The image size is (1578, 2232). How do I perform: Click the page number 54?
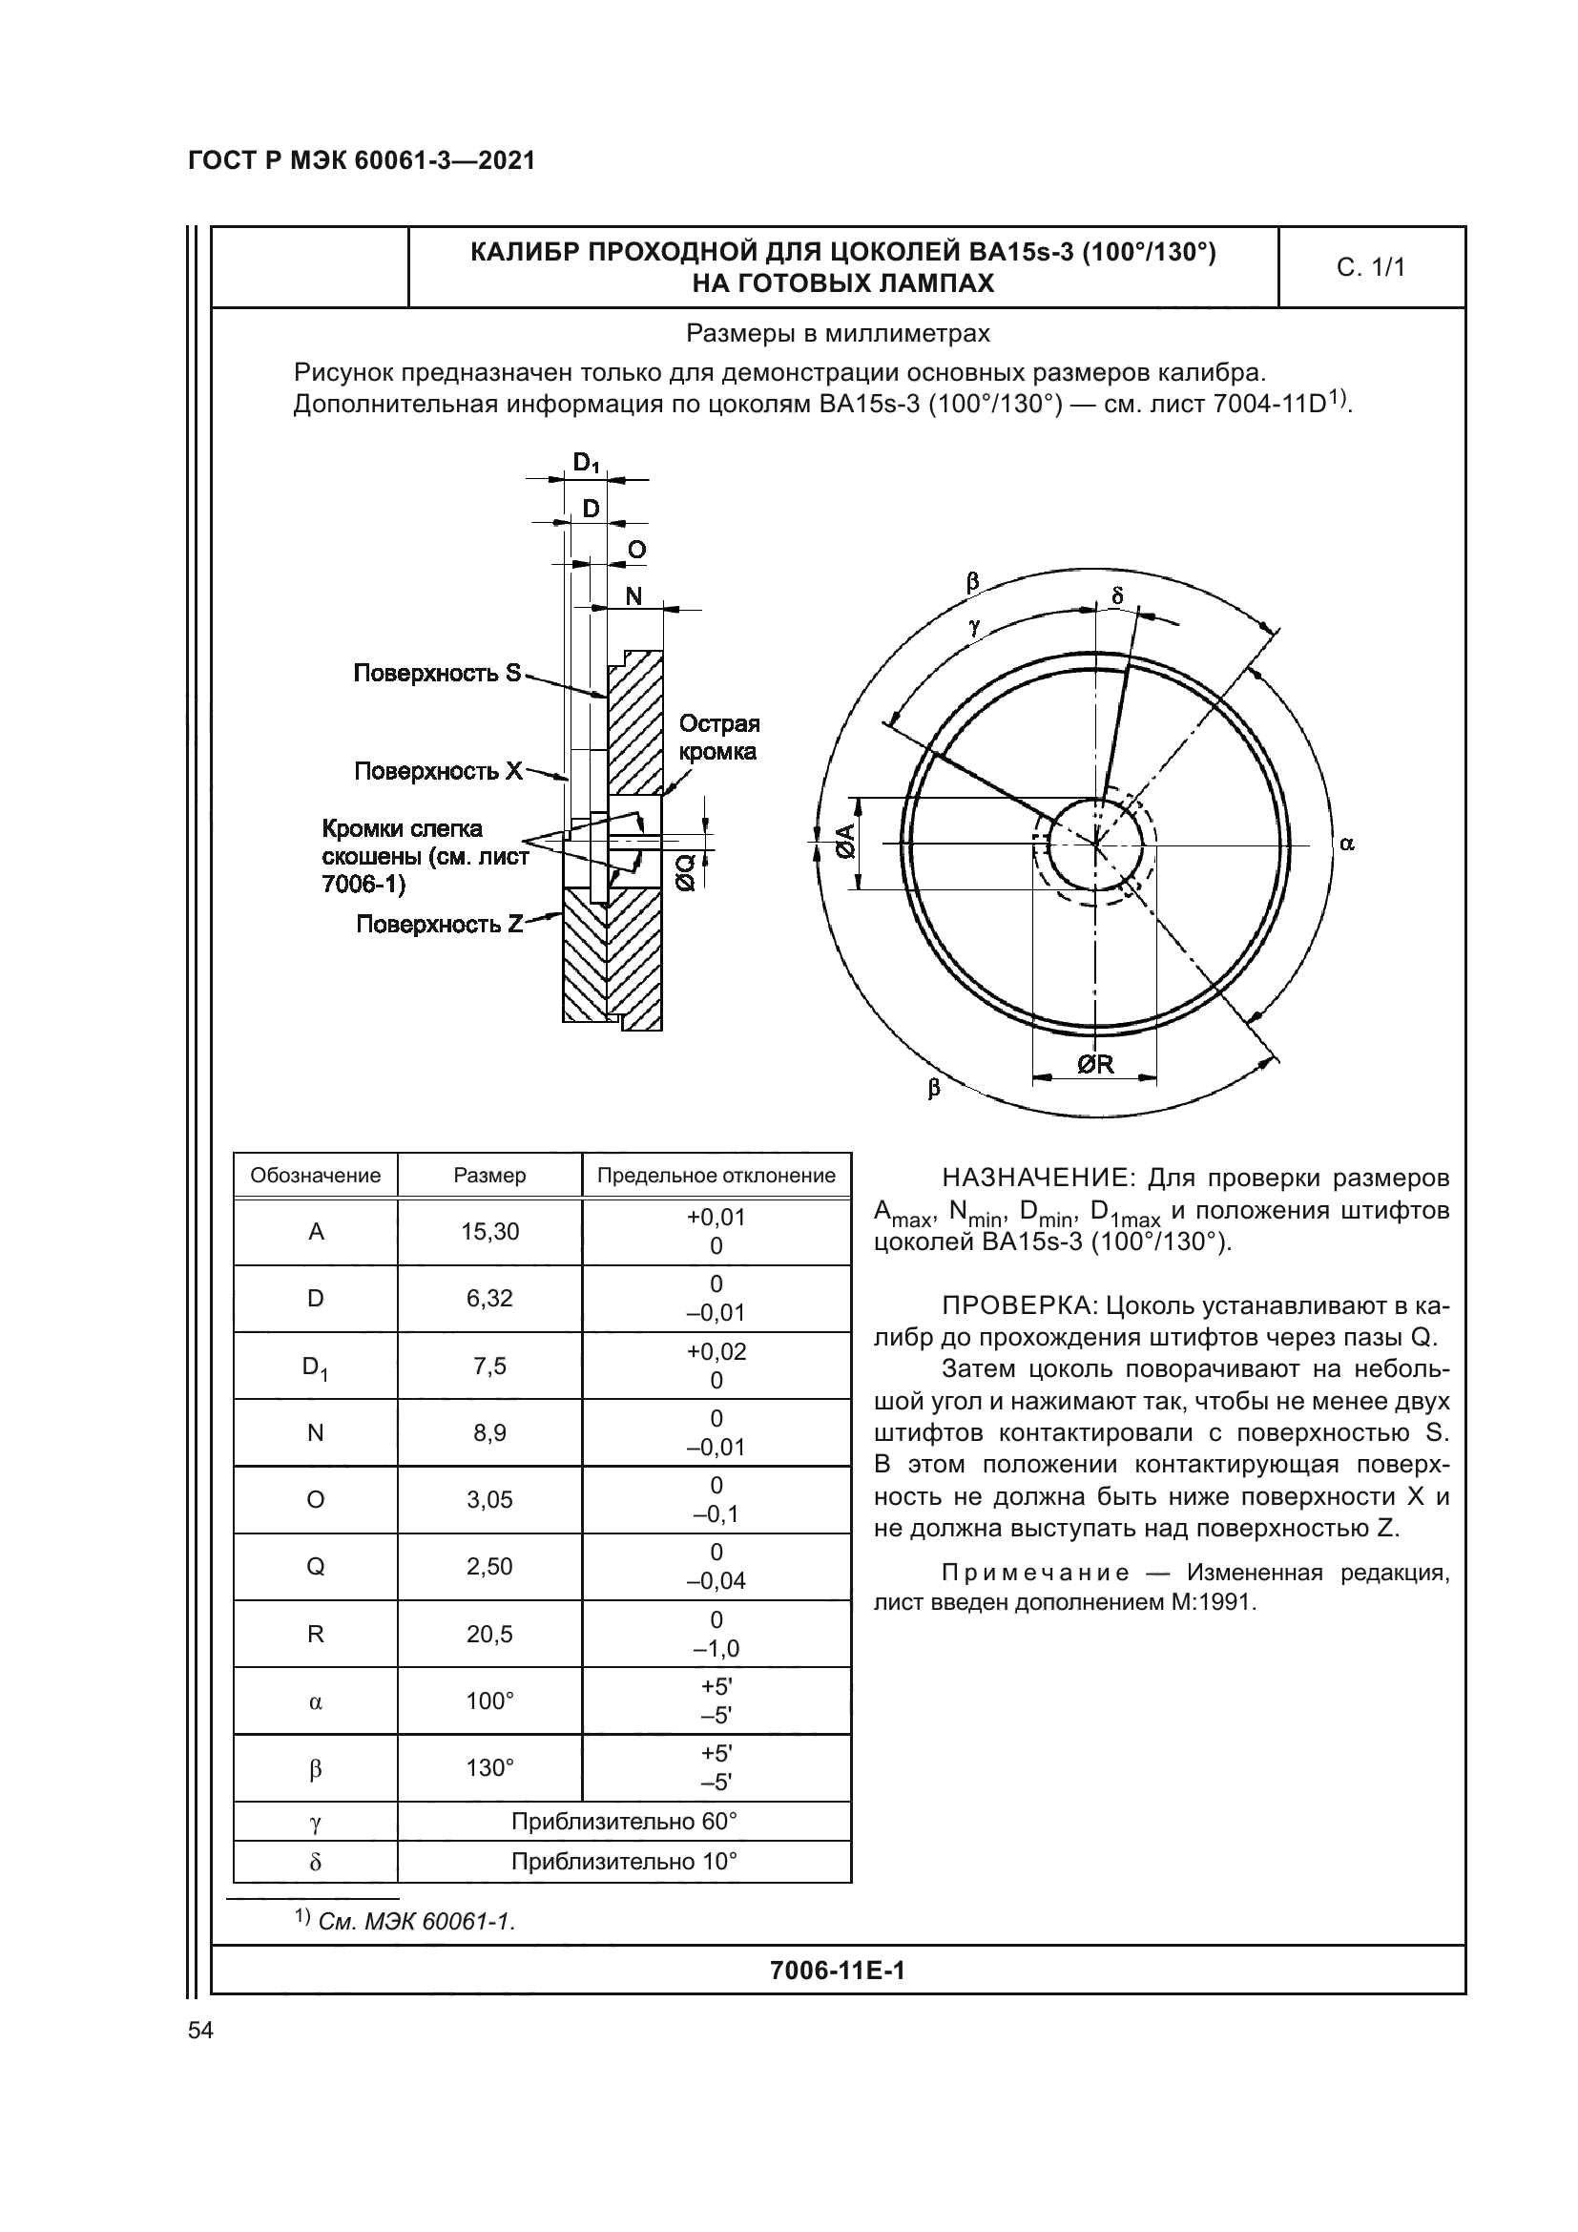coord(200,2030)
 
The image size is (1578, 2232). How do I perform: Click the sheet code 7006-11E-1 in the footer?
coord(837,1971)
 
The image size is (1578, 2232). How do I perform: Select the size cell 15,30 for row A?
coord(489,1232)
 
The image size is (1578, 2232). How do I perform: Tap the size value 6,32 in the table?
coord(489,1299)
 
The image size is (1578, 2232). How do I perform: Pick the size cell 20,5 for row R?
coord(489,1634)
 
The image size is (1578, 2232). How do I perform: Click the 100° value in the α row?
coord(489,1701)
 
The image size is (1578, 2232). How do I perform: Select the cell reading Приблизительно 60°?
coord(624,1821)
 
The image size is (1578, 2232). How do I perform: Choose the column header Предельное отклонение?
coord(716,1176)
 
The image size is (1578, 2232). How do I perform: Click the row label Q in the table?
coord(315,1566)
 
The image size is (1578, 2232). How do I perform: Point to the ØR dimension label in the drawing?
coord(1095,1065)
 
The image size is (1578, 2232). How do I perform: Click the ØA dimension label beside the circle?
coord(844,842)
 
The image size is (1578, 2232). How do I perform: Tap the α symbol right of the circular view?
coord(1346,844)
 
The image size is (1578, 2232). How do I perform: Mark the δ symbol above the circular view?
coord(1117,595)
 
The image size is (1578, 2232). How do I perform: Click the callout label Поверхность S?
coord(437,673)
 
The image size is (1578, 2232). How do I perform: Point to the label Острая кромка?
coord(718,737)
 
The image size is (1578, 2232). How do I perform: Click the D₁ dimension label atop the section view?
coord(586,464)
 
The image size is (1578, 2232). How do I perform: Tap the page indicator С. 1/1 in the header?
coord(1370,267)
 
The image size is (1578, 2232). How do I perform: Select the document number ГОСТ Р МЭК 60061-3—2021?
coord(362,161)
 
